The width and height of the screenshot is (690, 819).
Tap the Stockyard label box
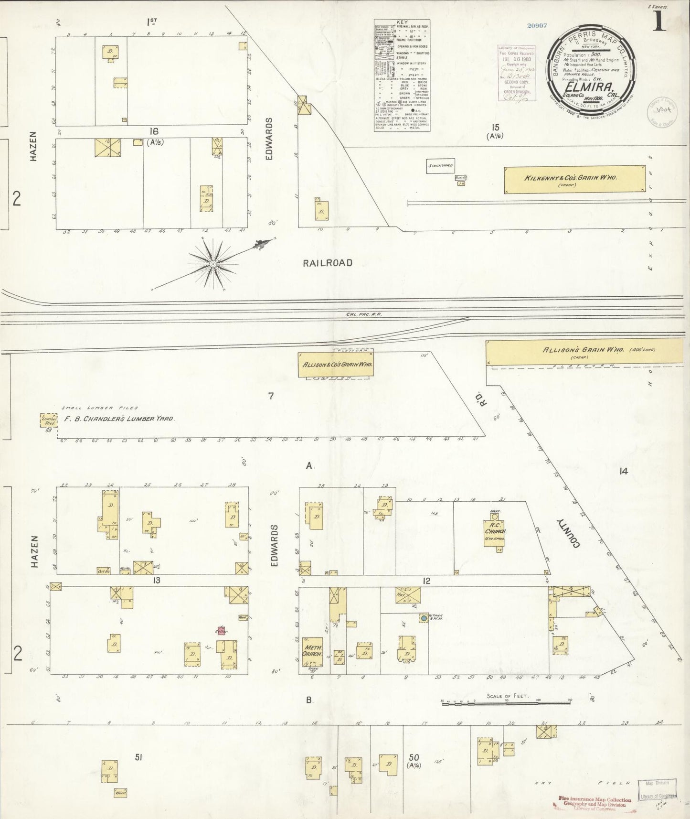(440, 166)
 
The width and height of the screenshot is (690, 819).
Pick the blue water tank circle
(423, 618)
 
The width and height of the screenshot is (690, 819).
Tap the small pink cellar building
(221, 631)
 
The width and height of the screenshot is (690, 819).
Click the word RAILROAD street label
(328, 263)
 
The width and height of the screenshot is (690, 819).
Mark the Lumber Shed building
(49, 420)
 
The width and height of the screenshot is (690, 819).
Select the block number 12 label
(426, 581)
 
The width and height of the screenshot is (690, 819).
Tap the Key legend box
(402, 75)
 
